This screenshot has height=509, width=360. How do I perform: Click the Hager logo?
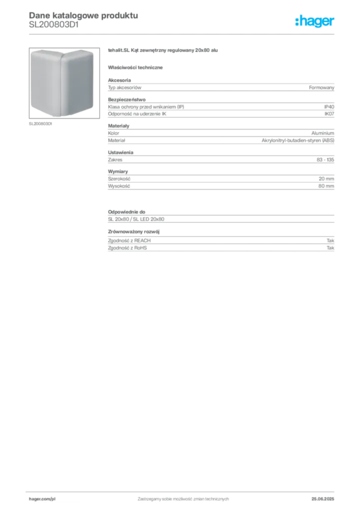point(315,21)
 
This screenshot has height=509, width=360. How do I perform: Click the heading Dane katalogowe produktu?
point(84,15)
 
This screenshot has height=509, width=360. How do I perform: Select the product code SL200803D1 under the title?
point(54,25)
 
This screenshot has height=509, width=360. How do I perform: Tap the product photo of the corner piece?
point(64,83)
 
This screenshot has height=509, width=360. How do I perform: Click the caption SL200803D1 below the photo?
point(40,124)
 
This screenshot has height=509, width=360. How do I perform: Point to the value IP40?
point(329,107)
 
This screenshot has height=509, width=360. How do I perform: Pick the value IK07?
point(329,114)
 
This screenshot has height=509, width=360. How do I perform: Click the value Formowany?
point(321,87)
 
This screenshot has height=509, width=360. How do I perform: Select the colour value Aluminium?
point(323,133)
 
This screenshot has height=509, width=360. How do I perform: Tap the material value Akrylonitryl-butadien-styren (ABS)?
point(298,141)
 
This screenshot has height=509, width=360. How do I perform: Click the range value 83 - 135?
point(325,160)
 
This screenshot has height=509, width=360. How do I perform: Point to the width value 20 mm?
point(326,179)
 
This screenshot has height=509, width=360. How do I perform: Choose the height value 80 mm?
point(326,186)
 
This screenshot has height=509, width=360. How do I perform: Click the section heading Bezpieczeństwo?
point(127,99)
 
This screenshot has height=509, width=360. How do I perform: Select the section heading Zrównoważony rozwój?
point(134,232)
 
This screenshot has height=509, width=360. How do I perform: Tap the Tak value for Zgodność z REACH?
point(331,241)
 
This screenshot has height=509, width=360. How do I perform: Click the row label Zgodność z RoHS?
point(127,248)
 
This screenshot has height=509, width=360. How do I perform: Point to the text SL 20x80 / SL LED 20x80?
point(136,219)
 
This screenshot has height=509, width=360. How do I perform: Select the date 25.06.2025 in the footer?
point(323,499)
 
